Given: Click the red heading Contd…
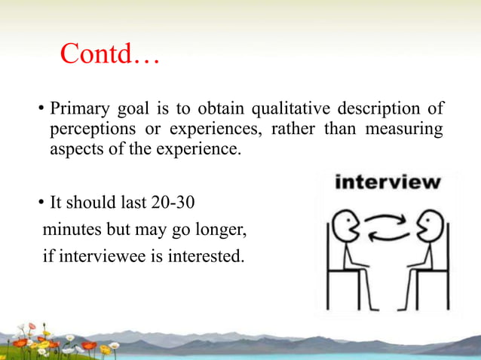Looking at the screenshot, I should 109,54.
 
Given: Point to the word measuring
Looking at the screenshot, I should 403,129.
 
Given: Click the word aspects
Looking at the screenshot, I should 72,149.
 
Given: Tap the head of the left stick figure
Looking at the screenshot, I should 345,225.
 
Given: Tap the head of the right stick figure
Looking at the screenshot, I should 434,225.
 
